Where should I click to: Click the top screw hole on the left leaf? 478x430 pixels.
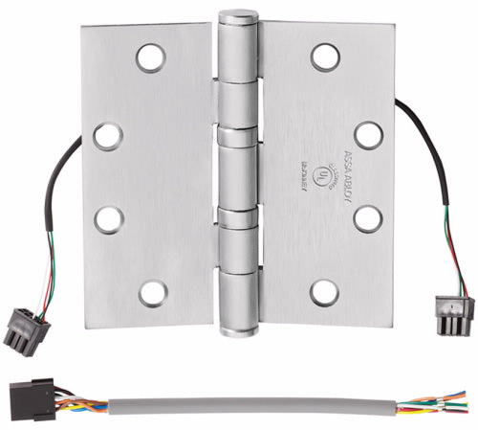tap(150, 58)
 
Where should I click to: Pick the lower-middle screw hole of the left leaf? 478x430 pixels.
tap(108, 219)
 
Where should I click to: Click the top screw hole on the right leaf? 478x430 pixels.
tap(325, 57)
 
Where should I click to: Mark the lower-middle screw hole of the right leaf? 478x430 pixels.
tap(368, 219)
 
